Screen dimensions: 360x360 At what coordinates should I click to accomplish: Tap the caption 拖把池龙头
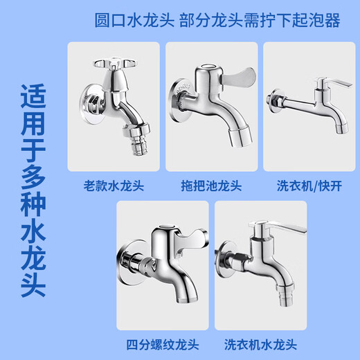click(211, 185)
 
